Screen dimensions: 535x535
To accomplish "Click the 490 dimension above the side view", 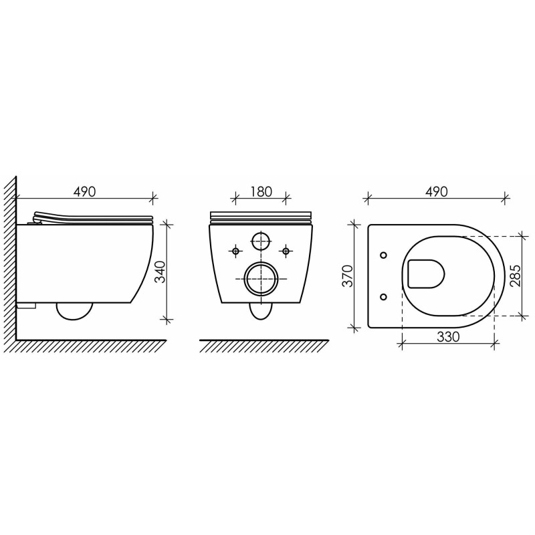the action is (85, 192).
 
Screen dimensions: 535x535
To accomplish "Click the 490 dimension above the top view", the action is (437, 192).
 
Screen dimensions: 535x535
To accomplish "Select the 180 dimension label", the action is (261, 192).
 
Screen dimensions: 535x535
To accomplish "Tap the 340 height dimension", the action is (160, 272).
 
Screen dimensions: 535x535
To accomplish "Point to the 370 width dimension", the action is (348, 276).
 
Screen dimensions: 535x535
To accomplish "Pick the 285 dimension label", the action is (516, 276).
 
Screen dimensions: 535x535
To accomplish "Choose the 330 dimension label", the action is (448, 337).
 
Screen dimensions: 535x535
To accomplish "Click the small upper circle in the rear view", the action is (261, 241).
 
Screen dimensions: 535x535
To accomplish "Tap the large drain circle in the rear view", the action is (261, 279).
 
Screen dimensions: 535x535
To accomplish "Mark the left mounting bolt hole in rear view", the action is (235, 251).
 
